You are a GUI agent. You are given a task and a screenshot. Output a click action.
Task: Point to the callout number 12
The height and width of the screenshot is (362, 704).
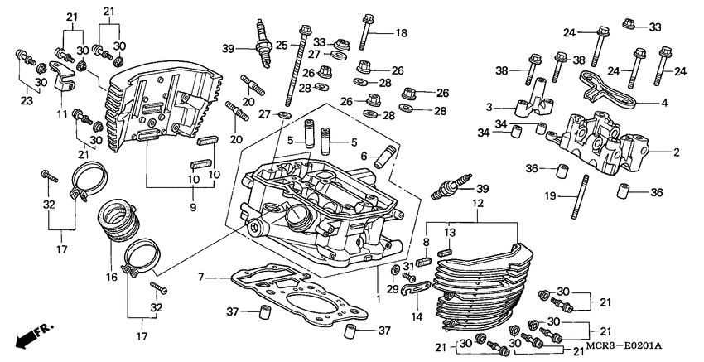coord(477,203)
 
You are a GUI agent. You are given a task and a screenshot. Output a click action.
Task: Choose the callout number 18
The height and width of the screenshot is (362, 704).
coord(402,33)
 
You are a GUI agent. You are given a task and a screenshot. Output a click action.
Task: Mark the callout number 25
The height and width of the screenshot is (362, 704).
coord(281,45)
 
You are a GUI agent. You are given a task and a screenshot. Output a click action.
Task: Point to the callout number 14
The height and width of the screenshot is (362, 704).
coord(415,316)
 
